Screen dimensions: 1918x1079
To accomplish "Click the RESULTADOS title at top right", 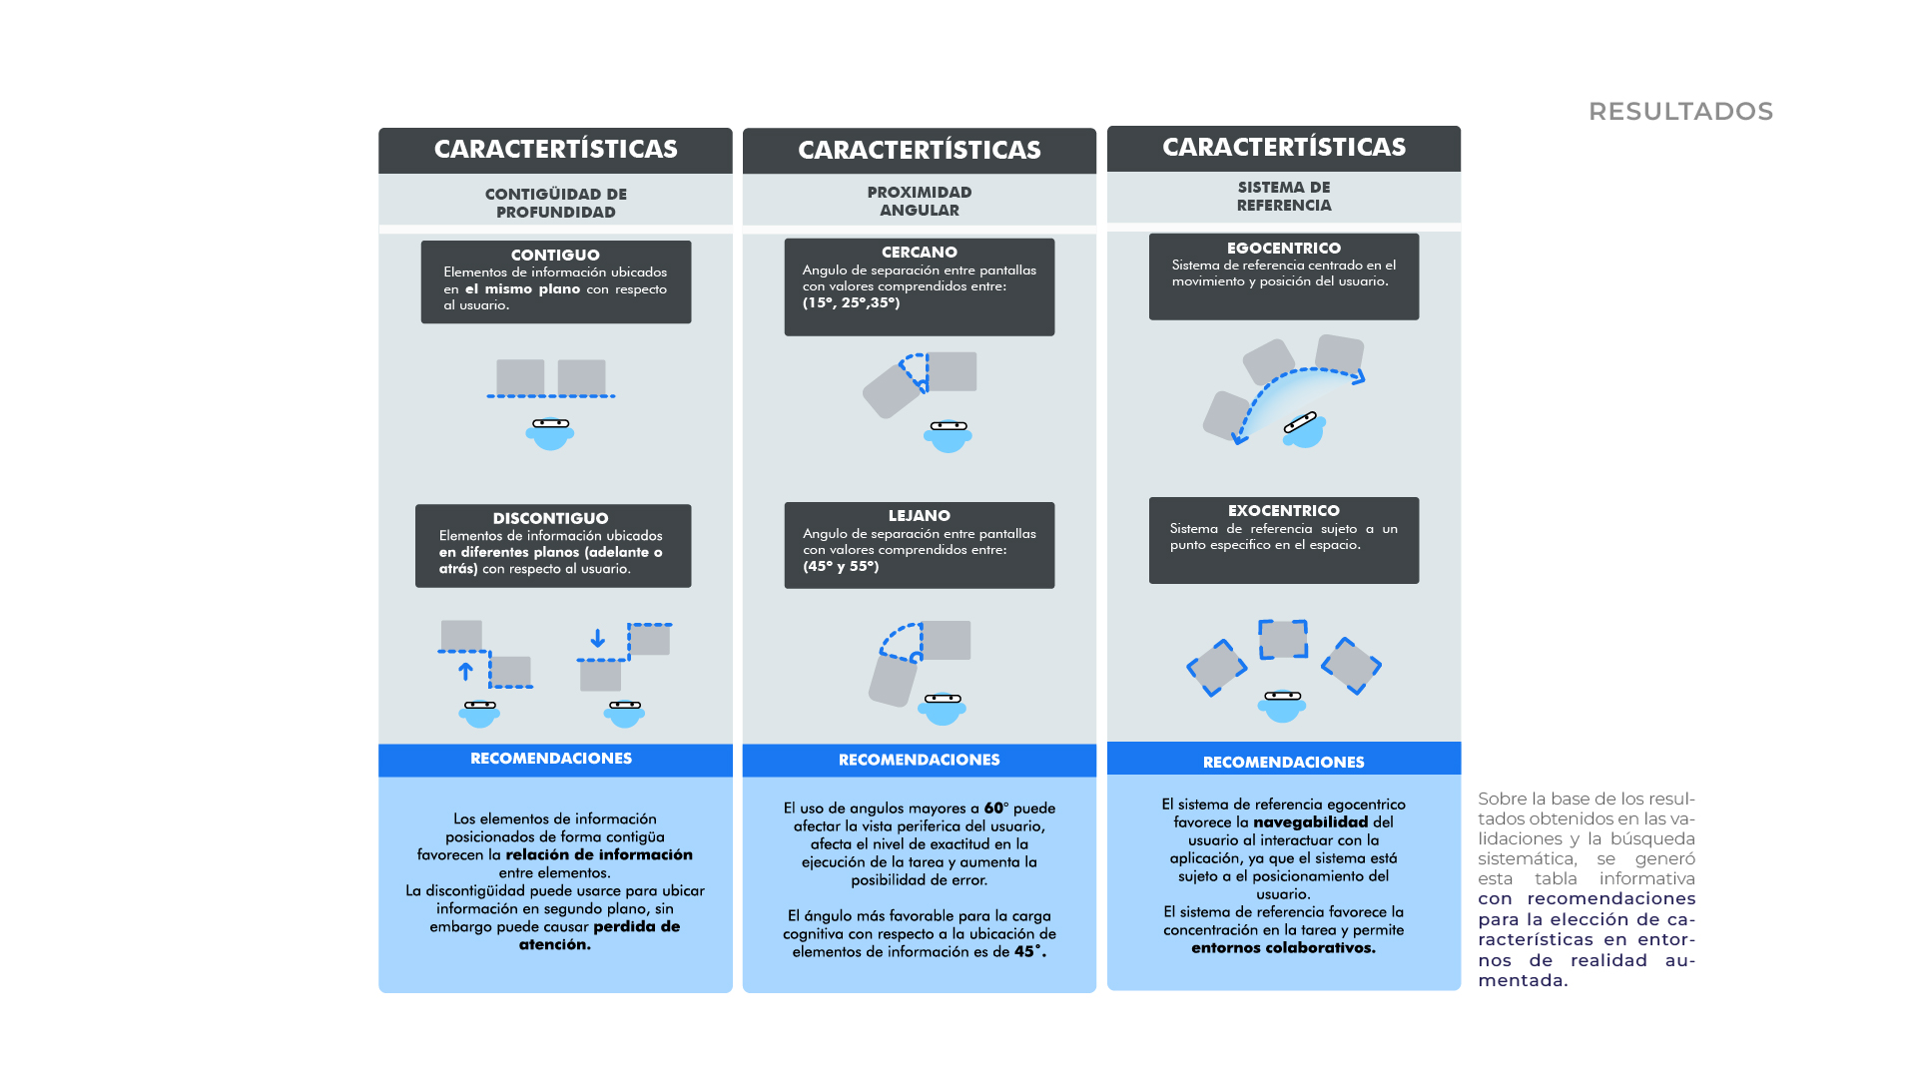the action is click(1680, 111).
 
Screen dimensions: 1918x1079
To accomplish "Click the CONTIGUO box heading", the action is click(555, 255).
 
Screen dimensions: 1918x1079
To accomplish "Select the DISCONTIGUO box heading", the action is click(550, 518).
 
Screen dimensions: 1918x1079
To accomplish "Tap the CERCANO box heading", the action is click(919, 252).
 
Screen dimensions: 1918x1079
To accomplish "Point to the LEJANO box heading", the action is click(919, 515).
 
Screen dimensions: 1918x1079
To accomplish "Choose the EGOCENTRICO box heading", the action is click(1284, 248).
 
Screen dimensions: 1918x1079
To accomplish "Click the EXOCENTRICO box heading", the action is click(1284, 510).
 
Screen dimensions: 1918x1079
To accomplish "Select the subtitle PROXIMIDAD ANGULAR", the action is click(919, 201).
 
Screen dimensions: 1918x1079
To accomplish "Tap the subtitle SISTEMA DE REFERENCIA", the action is click(1284, 196).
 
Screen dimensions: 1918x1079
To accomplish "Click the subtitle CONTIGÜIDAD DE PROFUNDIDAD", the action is click(555, 203).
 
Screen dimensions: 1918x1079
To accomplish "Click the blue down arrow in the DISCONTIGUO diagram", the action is click(597, 638).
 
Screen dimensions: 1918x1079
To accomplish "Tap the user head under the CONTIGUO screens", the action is click(550, 433).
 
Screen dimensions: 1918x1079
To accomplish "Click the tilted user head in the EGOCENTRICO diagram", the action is click(1304, 428).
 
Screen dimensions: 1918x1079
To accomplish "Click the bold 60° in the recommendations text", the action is click(994, 808).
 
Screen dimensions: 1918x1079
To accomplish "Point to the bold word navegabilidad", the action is click(1310, 821).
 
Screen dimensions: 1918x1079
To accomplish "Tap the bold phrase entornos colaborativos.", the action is click(1283, 947).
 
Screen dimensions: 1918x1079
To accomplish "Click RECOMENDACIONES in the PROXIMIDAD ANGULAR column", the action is click(919, 760).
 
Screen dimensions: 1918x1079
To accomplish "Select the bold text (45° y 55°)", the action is click(841, 566).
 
